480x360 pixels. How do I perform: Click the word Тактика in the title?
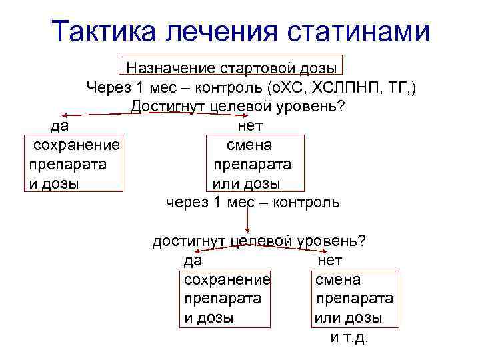[x=108, y=31]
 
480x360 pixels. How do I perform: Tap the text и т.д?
[x=349, y=337]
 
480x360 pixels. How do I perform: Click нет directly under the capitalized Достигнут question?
[x=250, y=126]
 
